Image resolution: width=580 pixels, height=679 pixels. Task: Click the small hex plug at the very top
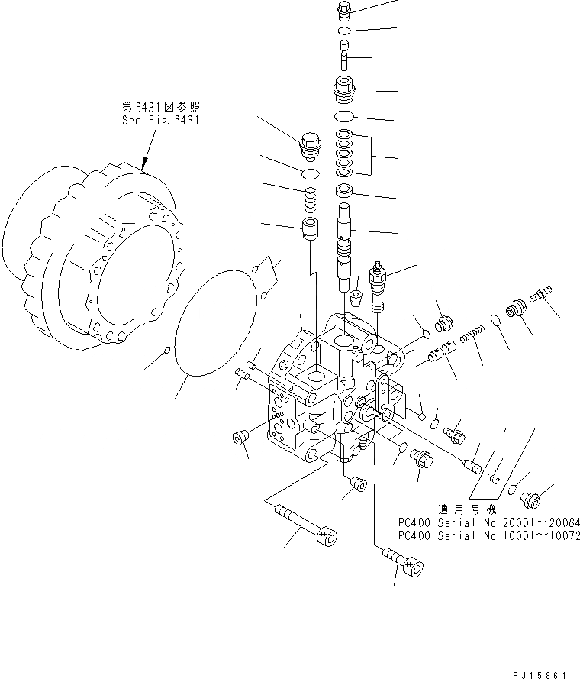(344, 10)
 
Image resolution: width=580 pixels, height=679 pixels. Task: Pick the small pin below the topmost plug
(343, 56)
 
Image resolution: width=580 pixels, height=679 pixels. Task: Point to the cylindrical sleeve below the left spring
(310, 228)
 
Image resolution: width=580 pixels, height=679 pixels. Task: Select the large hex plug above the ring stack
(344, 90)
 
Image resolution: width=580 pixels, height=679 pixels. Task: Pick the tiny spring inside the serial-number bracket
(492, 479)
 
